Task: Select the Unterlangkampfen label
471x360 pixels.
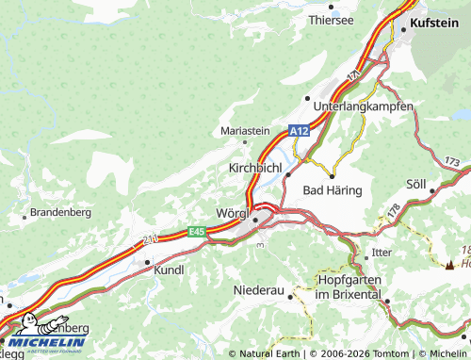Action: pyautogui.click(x=363, y=106)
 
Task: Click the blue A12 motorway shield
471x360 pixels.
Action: pyautogui.click(x=299, y=132)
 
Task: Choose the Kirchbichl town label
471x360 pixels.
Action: pyautogui.click(x=255, y=167)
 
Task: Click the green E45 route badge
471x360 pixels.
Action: pyautogui.click(x=196, y=232)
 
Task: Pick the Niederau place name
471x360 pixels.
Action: pyautogui.click(x=258, y=290)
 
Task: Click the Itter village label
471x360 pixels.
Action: pyautogui.click(x=382, y=253)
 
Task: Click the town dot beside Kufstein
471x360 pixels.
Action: pyautogui.click(x=404, y=30)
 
